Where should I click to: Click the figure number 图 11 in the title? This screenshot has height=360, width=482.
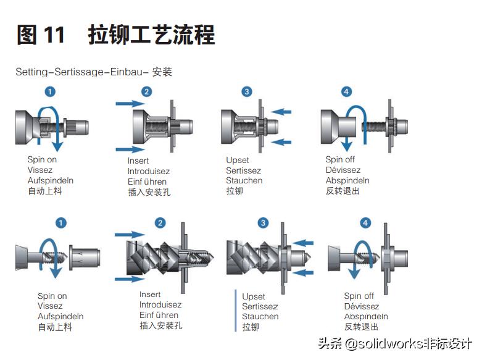41,35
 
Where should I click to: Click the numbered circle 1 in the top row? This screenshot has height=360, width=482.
51,91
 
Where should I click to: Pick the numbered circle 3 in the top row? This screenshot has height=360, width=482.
247,91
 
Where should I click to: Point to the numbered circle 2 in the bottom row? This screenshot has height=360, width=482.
160,223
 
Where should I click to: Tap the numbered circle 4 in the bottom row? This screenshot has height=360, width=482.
365,223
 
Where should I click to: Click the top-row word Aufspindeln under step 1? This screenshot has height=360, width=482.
51,180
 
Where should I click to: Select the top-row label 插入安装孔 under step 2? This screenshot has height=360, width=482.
149,192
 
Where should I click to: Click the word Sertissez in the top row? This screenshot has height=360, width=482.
243,170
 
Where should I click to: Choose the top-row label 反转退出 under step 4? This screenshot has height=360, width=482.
343,191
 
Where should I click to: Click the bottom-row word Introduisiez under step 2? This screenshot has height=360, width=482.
160,305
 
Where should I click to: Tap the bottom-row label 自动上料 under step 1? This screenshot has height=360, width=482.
55,327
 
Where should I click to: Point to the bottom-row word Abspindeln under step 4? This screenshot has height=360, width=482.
366,317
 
